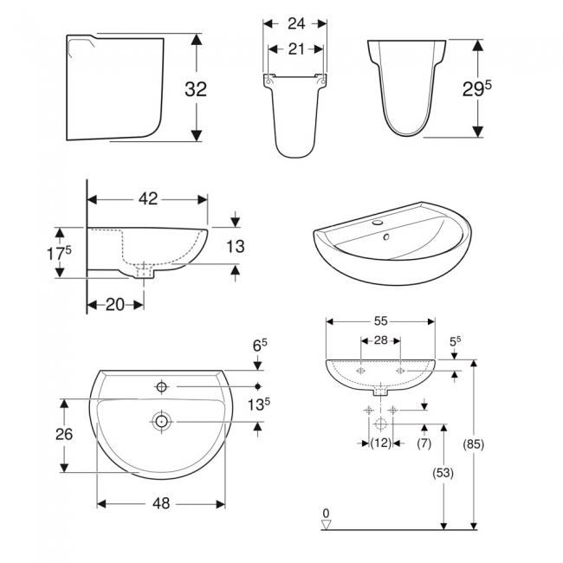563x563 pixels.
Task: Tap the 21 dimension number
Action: tap(296, 49)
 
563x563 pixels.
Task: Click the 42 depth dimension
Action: tap(148, 198)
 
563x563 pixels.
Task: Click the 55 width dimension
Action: tap(380, 320)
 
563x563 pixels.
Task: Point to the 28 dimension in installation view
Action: tap(380, 341)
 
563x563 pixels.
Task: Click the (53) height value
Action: tap(444, 473)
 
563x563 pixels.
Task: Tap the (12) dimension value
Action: tap(379, 443)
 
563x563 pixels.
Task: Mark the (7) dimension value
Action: tap(424, 443)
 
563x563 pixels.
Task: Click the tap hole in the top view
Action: tap(162, 385)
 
